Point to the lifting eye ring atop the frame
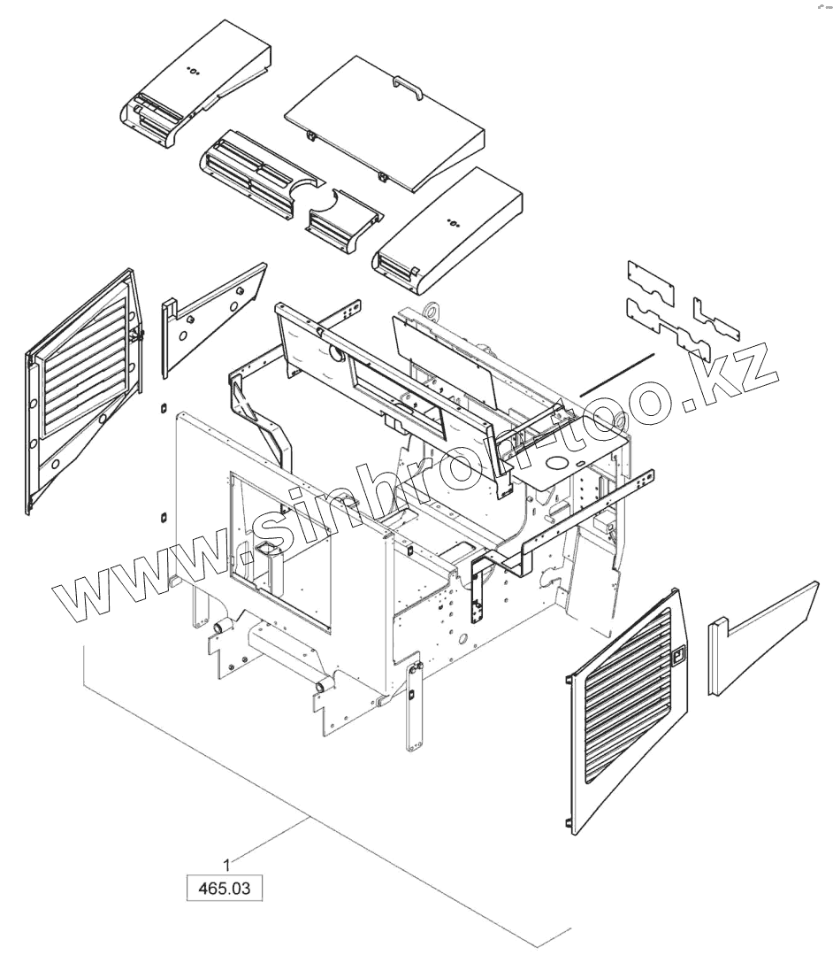(432, 311)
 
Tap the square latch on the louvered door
(678, 656)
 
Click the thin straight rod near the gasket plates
(617, 374)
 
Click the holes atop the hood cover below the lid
(454, 223)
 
